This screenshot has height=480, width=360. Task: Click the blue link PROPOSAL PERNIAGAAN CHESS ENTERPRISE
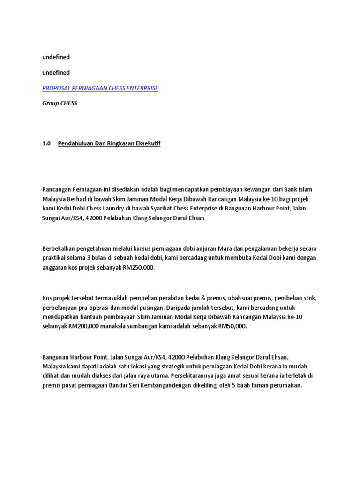100,88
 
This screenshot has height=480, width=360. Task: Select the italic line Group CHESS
60,104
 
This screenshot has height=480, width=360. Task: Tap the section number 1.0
46,144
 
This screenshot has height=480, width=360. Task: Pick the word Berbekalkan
60,248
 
